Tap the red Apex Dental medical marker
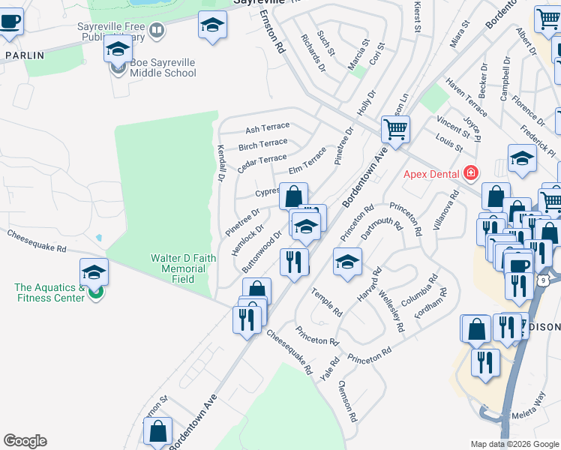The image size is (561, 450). click(470, 173)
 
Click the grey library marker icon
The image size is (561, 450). click(157, 31)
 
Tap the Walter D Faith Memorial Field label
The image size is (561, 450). click(184, 268)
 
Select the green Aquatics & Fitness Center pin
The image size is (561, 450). click(95, 292)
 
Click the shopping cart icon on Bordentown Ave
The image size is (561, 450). click(395, 128)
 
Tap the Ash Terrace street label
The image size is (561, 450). click(267, 129)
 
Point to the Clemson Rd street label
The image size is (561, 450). click(347, 400)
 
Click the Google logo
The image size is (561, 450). click(25, 441)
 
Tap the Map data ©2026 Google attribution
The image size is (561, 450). click(514, 444)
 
